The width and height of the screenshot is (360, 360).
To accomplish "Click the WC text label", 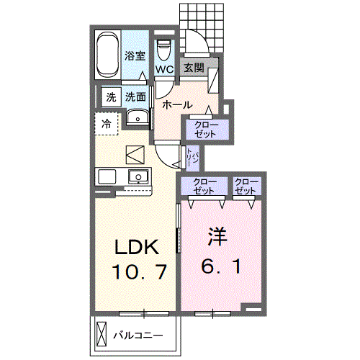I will pyautogui.click(x=164, y=71).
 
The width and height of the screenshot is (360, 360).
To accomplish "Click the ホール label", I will pyautogui.click(x=176, y=105).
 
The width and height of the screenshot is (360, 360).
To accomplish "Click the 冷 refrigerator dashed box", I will pyautogui.click(x=106, y=124).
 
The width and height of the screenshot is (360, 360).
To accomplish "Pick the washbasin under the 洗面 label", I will pyautogui.click(x=135, y=117).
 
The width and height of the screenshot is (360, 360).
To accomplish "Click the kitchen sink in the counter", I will pyautogui.click(x=136, y=176).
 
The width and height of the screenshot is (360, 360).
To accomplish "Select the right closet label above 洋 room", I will pyautogui.click(x=246, y=186).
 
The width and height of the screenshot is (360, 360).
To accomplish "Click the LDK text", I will pyautogui.click(x=138, y=248).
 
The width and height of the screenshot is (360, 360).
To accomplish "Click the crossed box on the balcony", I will pyautogui.click(x=100, y=336).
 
